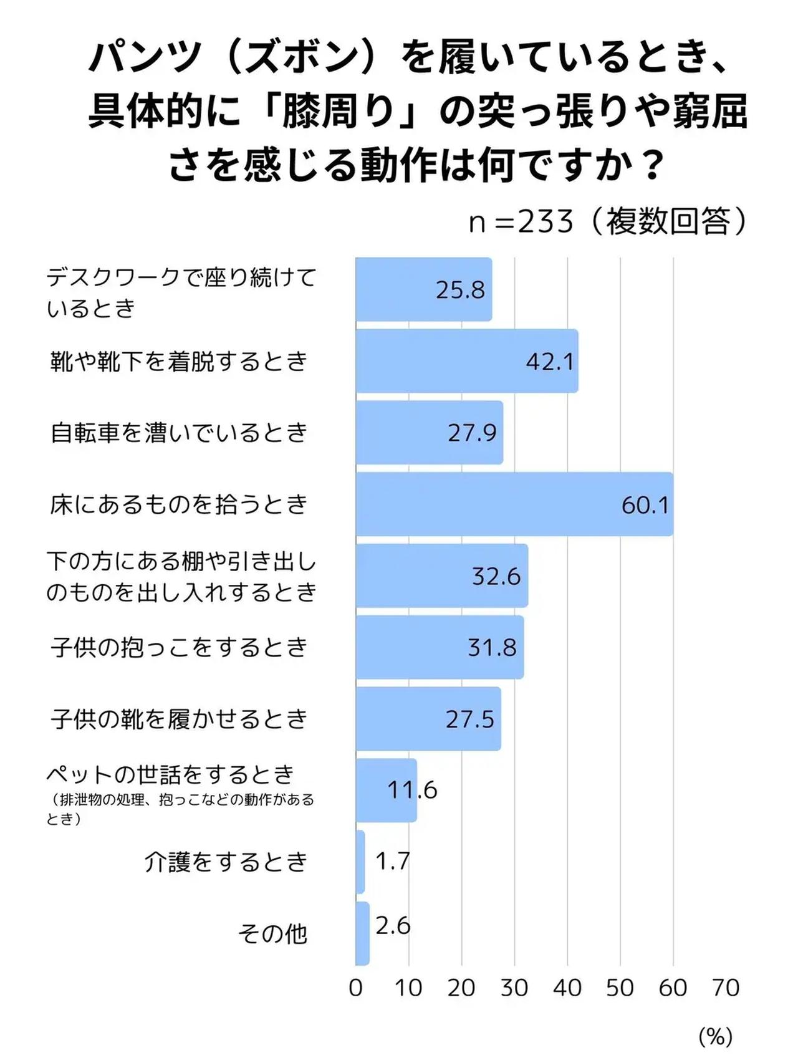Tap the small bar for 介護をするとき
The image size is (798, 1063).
tap(360, 862)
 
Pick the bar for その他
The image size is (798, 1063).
tap(362, 933)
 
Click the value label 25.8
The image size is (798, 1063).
tap(460, 290)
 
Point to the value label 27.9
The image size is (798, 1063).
tap(472, 433)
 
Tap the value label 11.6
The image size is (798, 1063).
tap(412, 790)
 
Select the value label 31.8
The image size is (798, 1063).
tap(492, 647)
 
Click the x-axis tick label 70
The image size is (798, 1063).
tap(726, 988)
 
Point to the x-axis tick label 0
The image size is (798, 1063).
tap(355, 988)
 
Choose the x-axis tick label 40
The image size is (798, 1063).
tap(567, 988)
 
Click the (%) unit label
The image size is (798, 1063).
tap(715, 1037)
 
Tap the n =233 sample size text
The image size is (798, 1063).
tap(521, 221)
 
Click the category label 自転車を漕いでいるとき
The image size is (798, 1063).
tap(180, 433)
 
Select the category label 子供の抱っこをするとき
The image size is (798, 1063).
tap(180, 647)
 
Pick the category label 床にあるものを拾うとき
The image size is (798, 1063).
tap(180, 504)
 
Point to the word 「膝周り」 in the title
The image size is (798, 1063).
tap(340, 112)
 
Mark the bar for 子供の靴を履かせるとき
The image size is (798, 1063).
tap(428, 719)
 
